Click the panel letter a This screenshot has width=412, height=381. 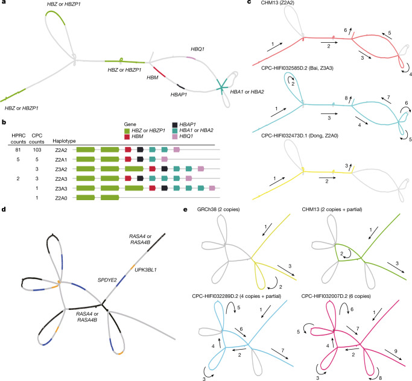4,5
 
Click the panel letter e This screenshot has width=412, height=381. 235,210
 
